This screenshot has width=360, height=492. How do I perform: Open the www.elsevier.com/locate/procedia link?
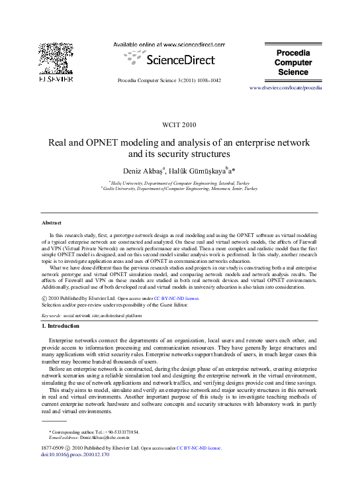(x=285, y=87)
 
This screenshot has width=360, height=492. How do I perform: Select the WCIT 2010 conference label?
(x=179, y=124)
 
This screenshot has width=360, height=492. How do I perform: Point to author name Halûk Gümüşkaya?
(x=200, y=171)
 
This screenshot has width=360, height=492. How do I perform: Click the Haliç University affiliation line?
(x=179, y=181)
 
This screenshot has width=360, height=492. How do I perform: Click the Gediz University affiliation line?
(x=179, y=188)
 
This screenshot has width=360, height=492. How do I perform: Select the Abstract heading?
(x=51, y=222)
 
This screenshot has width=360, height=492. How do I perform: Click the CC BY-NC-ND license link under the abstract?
(x=176, y=299)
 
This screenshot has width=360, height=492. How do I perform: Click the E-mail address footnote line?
(x=89, y=438)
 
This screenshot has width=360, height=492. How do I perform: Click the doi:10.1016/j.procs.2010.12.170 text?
(x=75, y=455)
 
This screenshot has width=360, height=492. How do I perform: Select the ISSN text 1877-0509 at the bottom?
(x=52, y=448)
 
